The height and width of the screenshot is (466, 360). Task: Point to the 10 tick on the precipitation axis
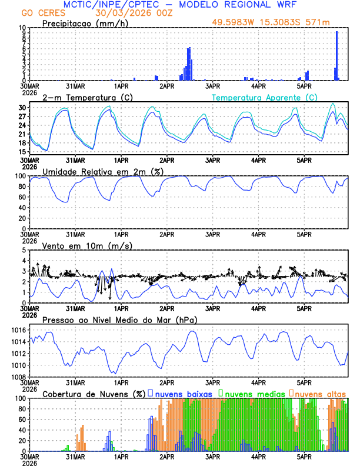(x=23, y=28)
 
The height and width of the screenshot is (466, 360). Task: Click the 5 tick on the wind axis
(x=25, y=250)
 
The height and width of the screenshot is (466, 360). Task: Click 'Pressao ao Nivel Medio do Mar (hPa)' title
(x=119, y=319)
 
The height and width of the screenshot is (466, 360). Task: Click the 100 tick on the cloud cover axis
(x=21, y=398)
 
